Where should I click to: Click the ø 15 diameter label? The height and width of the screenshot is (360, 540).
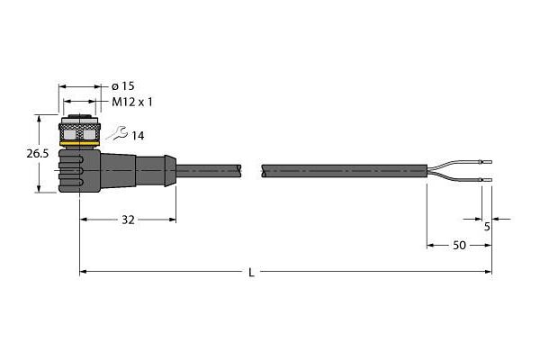pyautogui.click(x=122, y=86)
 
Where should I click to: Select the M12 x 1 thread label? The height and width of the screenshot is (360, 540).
pyautogui.click(x=132, y=102)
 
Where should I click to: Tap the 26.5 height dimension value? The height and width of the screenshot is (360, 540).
pyautogui.click(x=38, y=154)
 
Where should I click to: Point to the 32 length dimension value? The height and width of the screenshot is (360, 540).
pyautogui.click(x=128, y=220)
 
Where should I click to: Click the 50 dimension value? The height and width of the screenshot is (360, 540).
pyautogui.click(x=459, y=246)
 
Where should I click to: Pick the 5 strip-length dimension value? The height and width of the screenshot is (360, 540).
pyautogui.click(x=487, y=227)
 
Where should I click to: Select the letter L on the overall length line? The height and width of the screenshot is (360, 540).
pyautogui.click(x=252, y=273)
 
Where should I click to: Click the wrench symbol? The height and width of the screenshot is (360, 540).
pyautogui.click(x=117, y=133)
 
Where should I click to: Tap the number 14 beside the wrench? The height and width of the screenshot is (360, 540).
pyautogui.click(x=138, y=136)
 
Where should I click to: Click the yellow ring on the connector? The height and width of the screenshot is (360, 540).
pyautogui.click(x=79, y=143)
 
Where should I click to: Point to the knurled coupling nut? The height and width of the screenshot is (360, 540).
pyautogui.click(x=79, y=132)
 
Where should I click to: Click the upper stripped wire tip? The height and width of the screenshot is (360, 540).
pyautogui.click(x=486, y=162)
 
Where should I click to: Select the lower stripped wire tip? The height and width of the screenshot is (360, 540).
pyautogui.click(x=486, y=179)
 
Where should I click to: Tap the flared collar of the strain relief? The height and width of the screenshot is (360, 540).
pyautogui.click(x=170, y=171)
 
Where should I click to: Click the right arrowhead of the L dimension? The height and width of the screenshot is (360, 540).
pyautogui.click(x=489, y=272)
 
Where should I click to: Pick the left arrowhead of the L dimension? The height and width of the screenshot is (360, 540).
pyautogui.click(x=83, y=272)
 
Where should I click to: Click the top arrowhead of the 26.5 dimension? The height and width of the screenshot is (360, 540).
pyautogui.click(x=39, y=118)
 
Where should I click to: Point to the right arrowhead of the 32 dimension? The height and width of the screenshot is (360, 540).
pyautogui.click(x=173, y=220)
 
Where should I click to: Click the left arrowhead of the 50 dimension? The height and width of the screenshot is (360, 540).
pyautogui.click(x=430, y=246)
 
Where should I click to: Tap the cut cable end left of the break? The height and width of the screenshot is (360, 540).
pyautogui.click(x=238, y=170)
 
